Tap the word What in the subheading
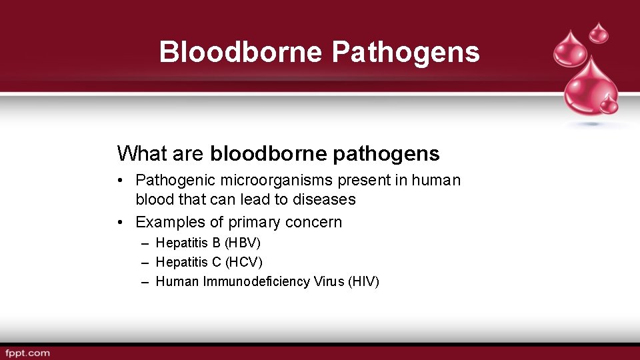pyautogui.click(x=142, y=153)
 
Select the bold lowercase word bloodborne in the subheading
pyautogui.click(x=268, y=153)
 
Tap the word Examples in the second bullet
pyautogui.click(x=166, y=222)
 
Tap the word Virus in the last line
pyautogui.click(x=330, y=281)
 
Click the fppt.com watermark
pyautogui.click(x=27, y=353)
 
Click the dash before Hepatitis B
pyautogui.click(x=145, y=243)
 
